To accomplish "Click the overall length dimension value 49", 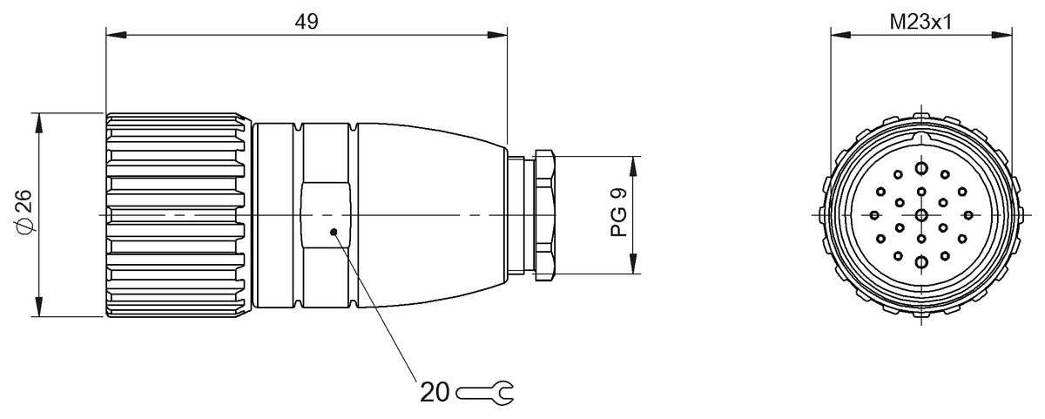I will tap(306, 21).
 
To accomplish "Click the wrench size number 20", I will tap(435, 391).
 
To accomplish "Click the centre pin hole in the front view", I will tap(921, 215).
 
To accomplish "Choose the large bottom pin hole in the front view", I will tap(921, 260).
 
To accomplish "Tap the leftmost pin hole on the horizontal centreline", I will tap(875, 215).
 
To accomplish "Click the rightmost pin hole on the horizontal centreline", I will tap(967, 215).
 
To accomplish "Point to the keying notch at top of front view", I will tap(921, 138).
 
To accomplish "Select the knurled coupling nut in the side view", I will tap(179, 214).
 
